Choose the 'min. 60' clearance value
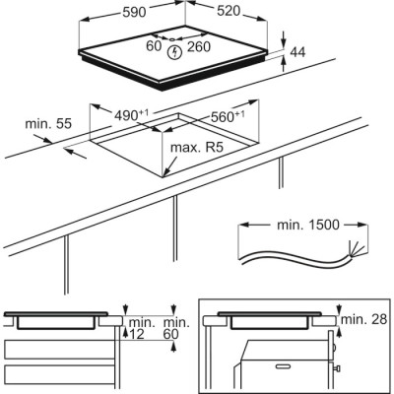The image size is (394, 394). coord(175,329)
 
